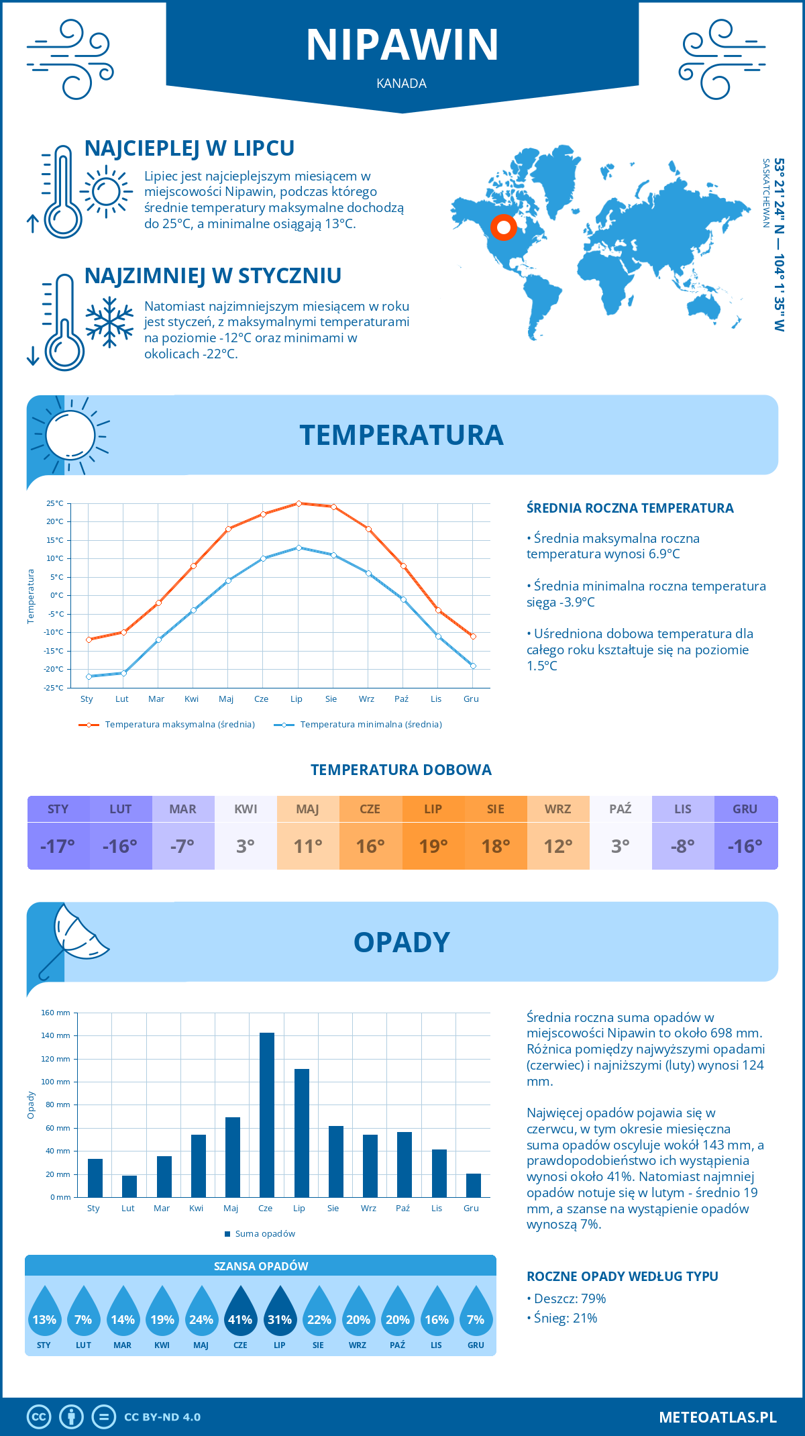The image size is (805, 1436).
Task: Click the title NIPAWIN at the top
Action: click(402, 45)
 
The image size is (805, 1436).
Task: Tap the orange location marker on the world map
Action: click(503, 227)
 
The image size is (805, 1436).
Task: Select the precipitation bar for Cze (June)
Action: click(266, 1115)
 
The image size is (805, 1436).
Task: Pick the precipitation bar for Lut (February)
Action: click(129, 1186)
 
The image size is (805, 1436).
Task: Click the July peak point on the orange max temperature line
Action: click(299, 503)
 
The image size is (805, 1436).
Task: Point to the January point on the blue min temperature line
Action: click(89, 676)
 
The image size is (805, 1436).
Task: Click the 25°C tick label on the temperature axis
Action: click(55, 503)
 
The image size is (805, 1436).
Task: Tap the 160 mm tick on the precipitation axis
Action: click(56, 1013)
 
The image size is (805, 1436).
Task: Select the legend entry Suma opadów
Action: click(264, 1233)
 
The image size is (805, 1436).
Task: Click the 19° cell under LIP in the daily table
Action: click(433, 846)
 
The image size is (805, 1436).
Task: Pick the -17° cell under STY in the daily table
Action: click(58, 846)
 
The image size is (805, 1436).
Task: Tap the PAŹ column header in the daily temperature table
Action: click(620, 809)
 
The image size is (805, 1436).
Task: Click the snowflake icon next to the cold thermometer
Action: click(109, 321)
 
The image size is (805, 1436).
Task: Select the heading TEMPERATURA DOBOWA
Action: click(401, 770)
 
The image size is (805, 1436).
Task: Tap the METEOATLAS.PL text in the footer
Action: click(718, 1417)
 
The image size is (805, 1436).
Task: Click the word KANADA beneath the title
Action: click(402, 83)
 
